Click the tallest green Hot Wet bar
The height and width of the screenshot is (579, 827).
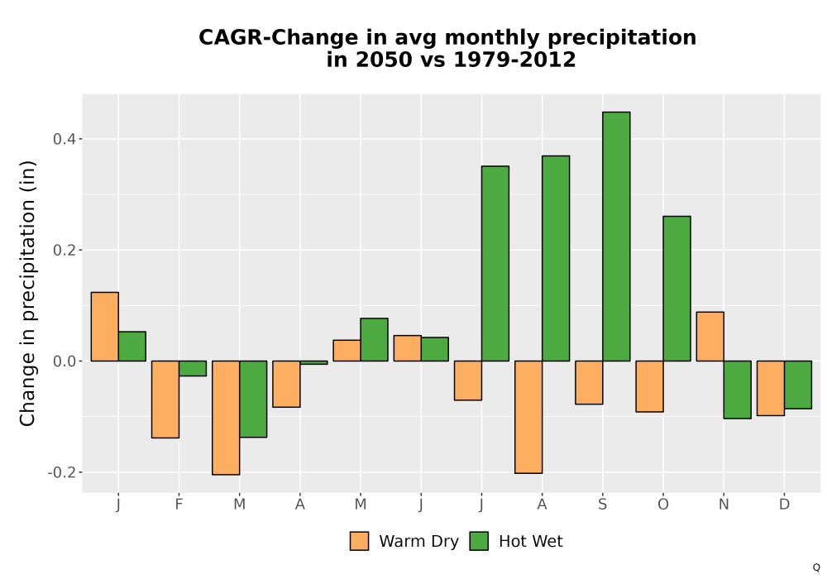616,237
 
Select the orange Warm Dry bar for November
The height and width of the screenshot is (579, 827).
710,337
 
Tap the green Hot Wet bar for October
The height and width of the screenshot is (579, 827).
676,289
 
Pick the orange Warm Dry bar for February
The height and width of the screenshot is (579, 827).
165,400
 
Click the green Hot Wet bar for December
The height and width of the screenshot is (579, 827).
797,385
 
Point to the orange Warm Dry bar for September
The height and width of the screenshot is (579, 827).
589,382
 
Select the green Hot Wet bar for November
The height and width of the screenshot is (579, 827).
738,390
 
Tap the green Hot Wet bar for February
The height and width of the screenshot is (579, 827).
193,368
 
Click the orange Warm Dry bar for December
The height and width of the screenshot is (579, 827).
771,388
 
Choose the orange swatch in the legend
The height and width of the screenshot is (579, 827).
359,541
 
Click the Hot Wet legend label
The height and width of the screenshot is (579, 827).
531,542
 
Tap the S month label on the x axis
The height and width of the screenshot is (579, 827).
602,505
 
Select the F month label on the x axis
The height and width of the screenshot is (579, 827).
179,505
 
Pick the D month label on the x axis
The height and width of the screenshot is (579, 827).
784,505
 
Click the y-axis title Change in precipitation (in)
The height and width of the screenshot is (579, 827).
27,293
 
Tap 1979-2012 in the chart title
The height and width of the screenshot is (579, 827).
514,60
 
